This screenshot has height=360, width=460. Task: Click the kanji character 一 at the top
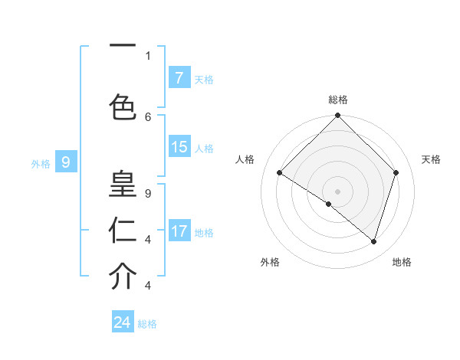pyautogui.click(x=123, y=47)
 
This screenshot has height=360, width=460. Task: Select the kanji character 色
pyautogui.click(x=123, y=106)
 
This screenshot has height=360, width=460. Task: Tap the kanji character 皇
pyautogui.click(x=123, y=184)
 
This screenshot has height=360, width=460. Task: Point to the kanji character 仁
pyautogui.click(x=123, y=230)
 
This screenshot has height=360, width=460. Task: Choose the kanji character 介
pyautogui.click(x=123, y=277)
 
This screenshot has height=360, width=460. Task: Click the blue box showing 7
pyautogui.click(x=179, y=77)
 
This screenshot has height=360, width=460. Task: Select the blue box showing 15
pyautogui.click(x=179, y=147)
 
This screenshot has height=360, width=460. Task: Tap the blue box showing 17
pyautogui.click(x=179, y=231)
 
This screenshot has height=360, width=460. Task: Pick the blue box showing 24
pyautogui.click(x=123, y=322)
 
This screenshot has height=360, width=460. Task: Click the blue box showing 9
pyautogui.click(x=66, y=162)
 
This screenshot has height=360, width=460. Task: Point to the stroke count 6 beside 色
pyautogui.click(x=147, y=116)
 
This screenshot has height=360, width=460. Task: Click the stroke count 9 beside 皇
pyautogui.click(x=147, y=194)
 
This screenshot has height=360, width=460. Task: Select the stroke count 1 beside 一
pyautogui.click(x=147, y=55)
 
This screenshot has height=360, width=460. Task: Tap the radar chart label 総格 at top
pyautogui.click(x=338, y=100)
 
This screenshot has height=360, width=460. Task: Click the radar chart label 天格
pyautogui.click(x=431, y=159)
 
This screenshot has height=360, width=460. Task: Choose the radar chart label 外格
pyautogui.click(x=270, y=262)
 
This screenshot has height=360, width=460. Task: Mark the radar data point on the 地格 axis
pyautogui.click(x=374, y=241)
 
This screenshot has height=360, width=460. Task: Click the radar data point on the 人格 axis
pyautogui.click(x=280, y=172)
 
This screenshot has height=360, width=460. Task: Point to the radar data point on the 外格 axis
pyautogui.click(x=329, y=204)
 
